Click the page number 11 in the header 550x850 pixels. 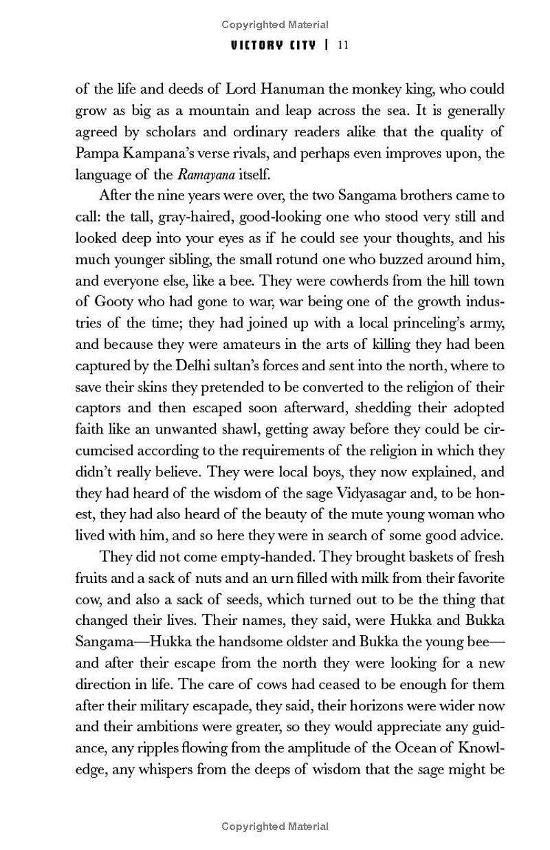[x=344, y=45]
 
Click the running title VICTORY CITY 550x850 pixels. [x=274, y=45]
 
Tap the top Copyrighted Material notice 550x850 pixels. [x=275, y=25]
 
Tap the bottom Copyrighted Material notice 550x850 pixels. [x=275, y=827]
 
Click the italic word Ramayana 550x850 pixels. [x=205, y=174]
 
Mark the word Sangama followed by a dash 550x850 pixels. [x=103, y=641]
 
